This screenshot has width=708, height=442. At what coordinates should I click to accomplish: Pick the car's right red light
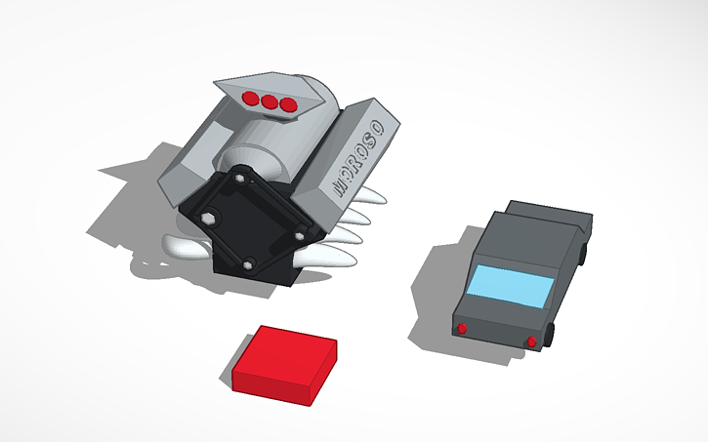click(531, 341)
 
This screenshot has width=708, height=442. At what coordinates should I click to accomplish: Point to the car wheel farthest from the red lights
click(584, 253)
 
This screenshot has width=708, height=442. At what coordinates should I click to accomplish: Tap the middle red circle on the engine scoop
click(270, 100)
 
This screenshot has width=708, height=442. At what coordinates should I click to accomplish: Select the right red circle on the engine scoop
click(287, 104)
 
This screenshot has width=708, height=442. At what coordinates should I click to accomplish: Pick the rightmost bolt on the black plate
click(299, 234)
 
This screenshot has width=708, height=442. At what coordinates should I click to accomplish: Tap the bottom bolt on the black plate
click(250, 263)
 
